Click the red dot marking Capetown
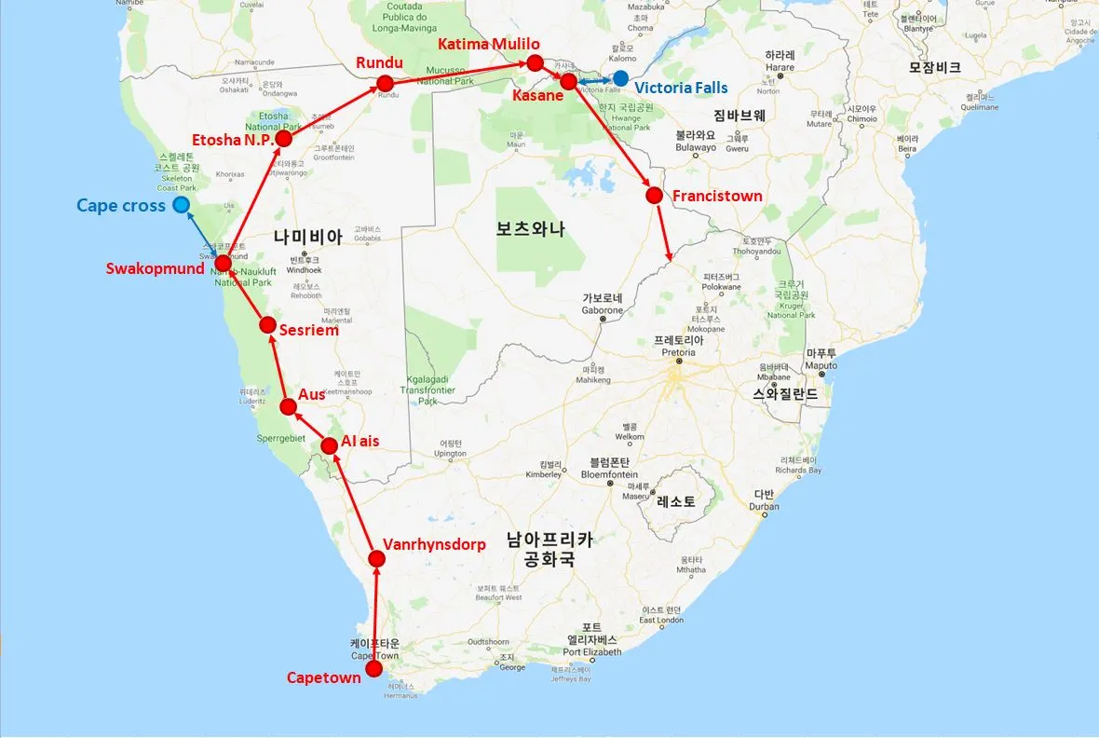[374, 669]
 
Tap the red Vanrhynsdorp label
[434, 544]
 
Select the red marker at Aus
[289, 406]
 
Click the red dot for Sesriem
[267, 325]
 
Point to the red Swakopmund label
[156, 268]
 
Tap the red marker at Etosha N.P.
[285, 139]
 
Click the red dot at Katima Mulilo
[535, 62]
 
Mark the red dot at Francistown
[654, 196]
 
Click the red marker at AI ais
[329, 446]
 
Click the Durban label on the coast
[765, 506]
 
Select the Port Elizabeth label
[593, 651]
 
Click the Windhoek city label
[305, 270]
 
